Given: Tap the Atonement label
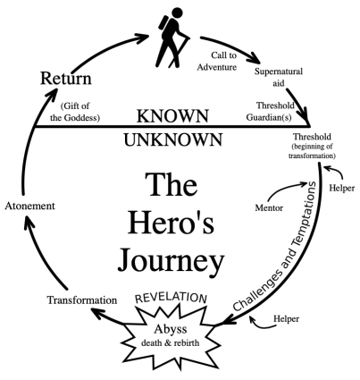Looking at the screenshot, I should click(29, 206).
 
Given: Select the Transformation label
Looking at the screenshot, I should click(82, 299).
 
